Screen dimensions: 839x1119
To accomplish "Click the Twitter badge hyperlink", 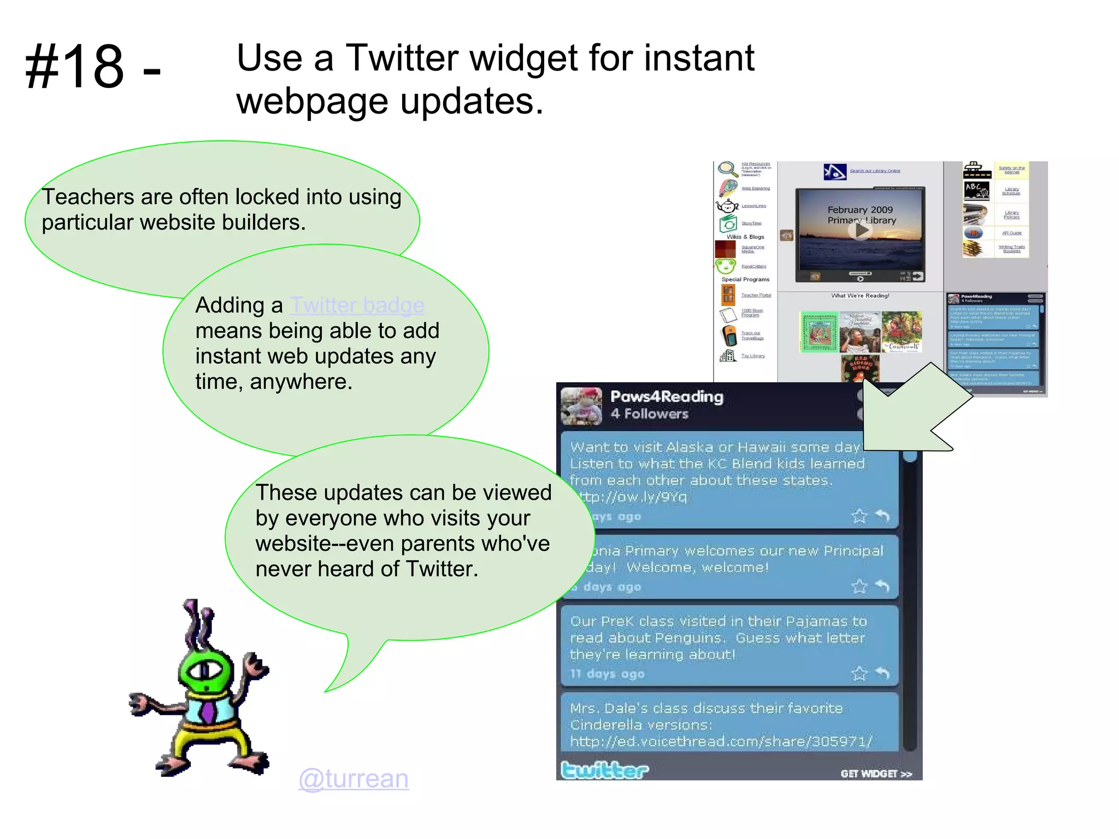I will point(357,305).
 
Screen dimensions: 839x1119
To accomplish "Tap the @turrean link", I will point(354,778).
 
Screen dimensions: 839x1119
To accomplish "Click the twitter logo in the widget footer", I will point(604,770).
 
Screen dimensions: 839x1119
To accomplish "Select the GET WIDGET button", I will point(876,773).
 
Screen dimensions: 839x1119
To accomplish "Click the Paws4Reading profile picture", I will point(581,406).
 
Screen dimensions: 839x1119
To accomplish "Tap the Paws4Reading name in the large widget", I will point(667,397).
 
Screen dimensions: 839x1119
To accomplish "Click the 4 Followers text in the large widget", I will point(649,414).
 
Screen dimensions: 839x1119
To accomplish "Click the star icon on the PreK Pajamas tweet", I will point(859,673).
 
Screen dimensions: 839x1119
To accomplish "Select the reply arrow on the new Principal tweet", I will point(883,586).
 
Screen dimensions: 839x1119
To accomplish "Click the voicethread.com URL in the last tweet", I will point(721,741).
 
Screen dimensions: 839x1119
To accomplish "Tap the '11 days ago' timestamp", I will point(607,674).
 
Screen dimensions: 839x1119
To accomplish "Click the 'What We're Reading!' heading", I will point(860,296).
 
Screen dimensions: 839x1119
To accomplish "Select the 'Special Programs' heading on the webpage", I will point(745,279).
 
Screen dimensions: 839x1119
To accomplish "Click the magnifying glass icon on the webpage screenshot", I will point(727,169).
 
